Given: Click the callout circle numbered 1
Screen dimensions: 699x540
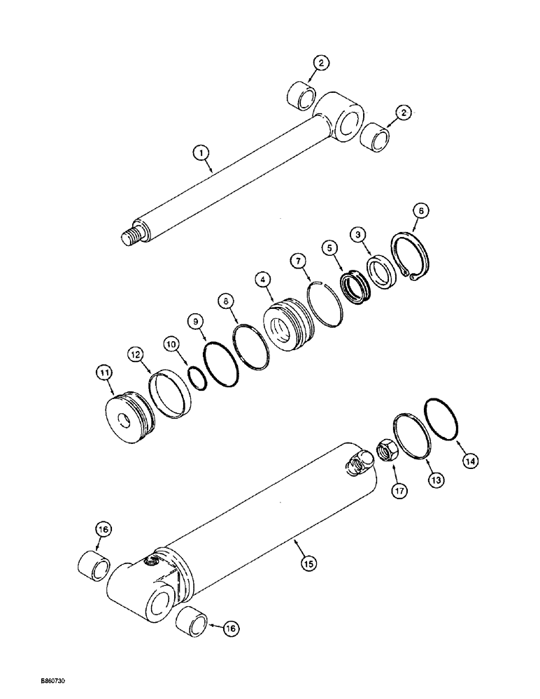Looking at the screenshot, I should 200,150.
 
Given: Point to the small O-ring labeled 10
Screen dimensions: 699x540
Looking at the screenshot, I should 197,378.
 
